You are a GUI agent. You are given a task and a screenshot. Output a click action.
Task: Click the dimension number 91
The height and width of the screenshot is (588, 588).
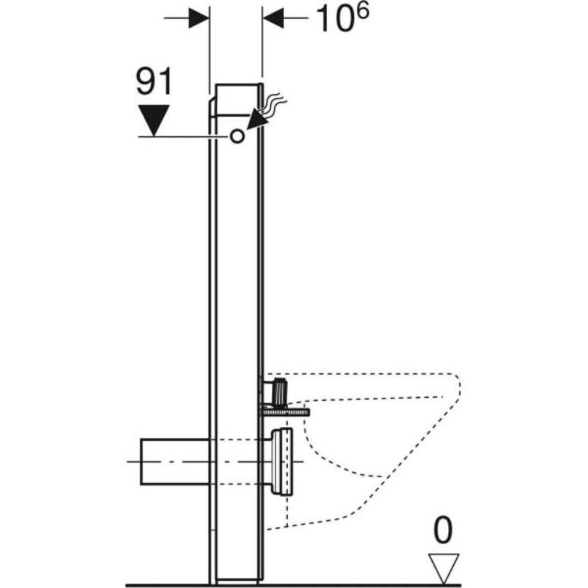154,82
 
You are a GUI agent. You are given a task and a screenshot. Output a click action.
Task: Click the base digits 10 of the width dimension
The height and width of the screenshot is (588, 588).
335,19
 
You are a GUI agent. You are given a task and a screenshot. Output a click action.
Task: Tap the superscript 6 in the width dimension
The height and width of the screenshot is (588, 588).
362,11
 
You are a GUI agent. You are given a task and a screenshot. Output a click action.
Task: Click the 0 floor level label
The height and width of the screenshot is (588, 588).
443,530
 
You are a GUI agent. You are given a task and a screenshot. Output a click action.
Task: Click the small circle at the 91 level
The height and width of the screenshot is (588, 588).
237,136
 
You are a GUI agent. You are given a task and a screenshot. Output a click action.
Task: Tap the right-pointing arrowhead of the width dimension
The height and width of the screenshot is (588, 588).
199,17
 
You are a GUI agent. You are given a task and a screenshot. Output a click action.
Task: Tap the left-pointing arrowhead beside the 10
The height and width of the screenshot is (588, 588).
273,17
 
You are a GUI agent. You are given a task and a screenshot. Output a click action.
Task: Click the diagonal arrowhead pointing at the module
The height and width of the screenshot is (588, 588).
257,118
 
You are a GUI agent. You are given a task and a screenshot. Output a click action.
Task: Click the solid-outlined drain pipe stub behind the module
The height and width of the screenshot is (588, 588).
175,462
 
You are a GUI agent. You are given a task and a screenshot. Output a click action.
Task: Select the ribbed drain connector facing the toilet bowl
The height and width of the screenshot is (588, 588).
281,462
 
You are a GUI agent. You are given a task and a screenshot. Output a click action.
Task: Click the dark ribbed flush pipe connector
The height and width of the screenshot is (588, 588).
280,393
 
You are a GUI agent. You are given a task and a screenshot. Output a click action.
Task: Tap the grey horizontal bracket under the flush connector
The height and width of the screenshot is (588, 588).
284,412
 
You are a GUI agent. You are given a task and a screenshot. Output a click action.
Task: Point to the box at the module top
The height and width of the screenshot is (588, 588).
238,99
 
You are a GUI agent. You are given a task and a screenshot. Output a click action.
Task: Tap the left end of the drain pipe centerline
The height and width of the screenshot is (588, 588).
128,462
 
